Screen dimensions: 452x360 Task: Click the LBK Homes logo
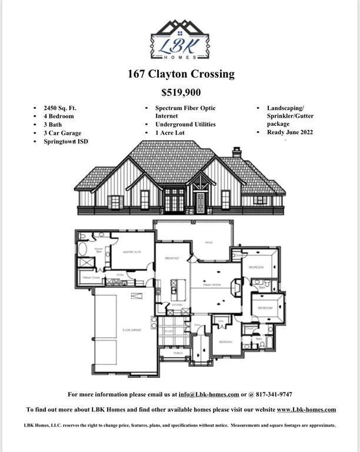(x=180, y=39)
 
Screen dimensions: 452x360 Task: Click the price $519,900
(x=181, y=92)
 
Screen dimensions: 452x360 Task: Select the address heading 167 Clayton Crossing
(x=181, y=74)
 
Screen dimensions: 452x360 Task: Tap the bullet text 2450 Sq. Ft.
(x=60, y=108)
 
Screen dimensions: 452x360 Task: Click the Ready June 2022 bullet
(x=290, y=132)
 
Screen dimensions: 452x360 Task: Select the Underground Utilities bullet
(x=185, y=125)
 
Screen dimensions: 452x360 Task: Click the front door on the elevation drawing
(x=200, y=202)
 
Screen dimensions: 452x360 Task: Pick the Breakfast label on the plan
(x=172, y=258)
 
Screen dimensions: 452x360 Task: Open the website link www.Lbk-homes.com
(x=306, y=410)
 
